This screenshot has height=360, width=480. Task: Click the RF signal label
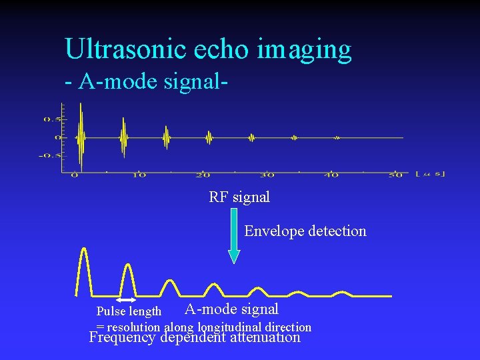pyautogui.click(x=239, y=197)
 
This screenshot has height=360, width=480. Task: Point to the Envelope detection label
pyautogui.click(x=305, y=231)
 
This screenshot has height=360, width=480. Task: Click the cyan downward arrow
pyautogui.click(x=234, y=237)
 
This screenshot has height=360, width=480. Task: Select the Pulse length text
pyautogui.click(x=129, y=311)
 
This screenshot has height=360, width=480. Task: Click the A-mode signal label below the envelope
pyautogui.click(x=231, y=309)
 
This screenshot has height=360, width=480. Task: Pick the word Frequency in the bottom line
pyautogui.click(x=121, y=337)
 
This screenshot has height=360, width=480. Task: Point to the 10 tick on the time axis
pyautogui.click(x=139, y=175)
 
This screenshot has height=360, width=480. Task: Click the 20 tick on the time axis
pyautogui.click(x=203, y=175)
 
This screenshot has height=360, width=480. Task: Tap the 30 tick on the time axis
pyautogui.click(x=267, y=175)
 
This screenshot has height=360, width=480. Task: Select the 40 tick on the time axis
pyautogui.click(x=331, y=175)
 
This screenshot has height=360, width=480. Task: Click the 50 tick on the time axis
pyautogui.click(x=395, y=175)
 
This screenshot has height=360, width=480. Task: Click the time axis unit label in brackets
pyautogui.click(x=430, y=175)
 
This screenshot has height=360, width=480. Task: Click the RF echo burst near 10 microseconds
pyautogui.click(x=123, y=137)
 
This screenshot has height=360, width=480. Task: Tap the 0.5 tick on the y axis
pyautogui.click(x=51, y=119)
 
